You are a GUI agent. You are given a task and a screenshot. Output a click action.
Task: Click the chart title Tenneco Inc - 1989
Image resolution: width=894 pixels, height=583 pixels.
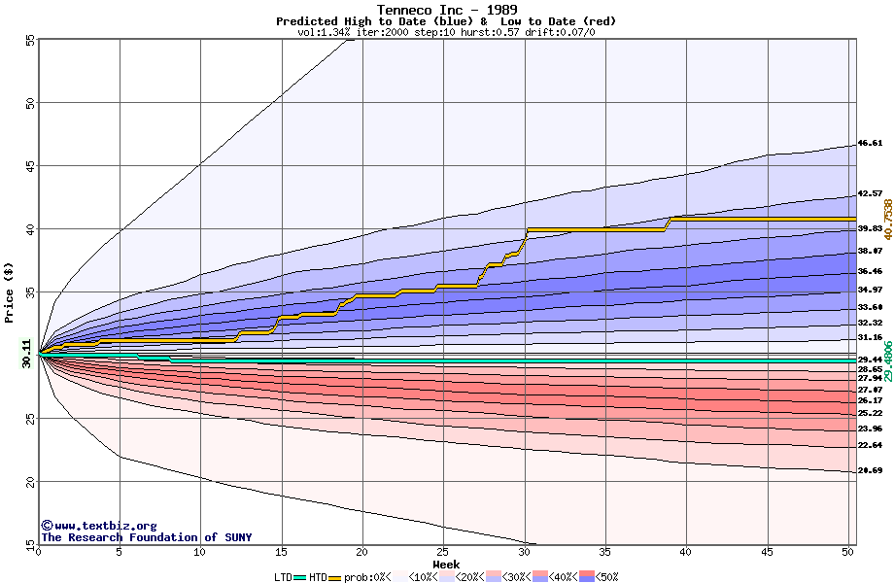(446, 10)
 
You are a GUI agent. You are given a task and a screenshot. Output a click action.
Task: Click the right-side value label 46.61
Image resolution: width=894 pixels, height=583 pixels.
(869, 143)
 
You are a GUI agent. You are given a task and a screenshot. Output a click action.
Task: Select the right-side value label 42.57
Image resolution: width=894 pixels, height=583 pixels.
(869, 193)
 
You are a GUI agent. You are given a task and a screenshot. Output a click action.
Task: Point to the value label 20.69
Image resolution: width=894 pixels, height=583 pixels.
(869, 470)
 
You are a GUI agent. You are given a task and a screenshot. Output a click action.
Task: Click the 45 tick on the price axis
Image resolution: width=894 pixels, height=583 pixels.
(28, 166)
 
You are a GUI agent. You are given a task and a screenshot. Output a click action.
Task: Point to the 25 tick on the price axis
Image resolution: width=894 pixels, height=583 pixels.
(28, 419)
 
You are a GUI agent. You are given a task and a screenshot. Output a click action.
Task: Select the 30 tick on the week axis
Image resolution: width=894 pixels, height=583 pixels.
(524, 552)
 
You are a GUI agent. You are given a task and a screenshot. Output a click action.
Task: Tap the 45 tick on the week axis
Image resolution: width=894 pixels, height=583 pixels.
(767, 552)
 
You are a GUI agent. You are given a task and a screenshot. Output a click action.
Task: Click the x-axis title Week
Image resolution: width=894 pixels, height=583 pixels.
(446, 564)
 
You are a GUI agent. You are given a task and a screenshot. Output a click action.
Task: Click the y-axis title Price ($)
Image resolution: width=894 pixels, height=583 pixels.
(10, 291)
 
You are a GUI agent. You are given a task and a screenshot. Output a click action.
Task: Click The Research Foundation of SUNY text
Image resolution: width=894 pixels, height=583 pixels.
(146, 537)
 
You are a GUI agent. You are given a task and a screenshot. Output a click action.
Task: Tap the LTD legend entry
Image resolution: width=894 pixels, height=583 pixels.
(284, 576)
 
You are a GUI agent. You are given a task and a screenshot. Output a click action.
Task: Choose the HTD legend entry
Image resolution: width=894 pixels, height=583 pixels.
(318, 576)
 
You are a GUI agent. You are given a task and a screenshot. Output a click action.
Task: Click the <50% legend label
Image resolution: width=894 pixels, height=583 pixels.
(603, 576)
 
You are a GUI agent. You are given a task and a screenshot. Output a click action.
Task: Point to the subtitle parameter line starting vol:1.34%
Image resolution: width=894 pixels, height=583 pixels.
(446, 32)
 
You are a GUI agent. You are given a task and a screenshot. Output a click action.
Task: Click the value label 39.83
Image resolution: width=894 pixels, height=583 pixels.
(869, 229)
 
